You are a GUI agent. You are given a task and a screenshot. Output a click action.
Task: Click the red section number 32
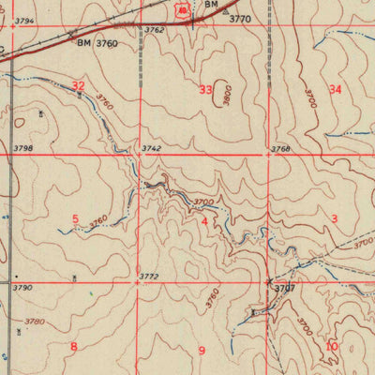click(x=79, y=86)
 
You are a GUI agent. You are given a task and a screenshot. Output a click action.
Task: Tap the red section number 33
click(x=205, y=90)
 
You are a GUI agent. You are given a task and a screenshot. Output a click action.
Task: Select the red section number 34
click(x=335, y=89)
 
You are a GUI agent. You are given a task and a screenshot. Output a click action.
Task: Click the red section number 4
click(x=203, y=220)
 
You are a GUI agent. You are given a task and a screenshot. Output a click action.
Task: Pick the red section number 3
click(x=334, y=217)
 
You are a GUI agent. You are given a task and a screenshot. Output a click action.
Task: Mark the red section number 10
click(x=331, y=346)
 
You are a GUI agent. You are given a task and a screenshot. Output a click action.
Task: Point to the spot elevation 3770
click(x=241, y=18)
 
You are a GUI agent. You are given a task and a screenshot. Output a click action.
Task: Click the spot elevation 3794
click(x=23, y=21)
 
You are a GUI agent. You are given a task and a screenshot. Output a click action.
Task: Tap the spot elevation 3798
click(x=23, y=149)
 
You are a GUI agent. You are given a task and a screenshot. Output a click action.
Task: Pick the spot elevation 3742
click(x=152, y=149)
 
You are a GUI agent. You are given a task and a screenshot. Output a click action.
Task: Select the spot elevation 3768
click(x=280, y=149)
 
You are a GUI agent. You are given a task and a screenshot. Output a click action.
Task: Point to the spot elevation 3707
click(x=285, y=289)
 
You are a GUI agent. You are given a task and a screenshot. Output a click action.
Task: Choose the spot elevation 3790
click(x=23, y=287)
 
